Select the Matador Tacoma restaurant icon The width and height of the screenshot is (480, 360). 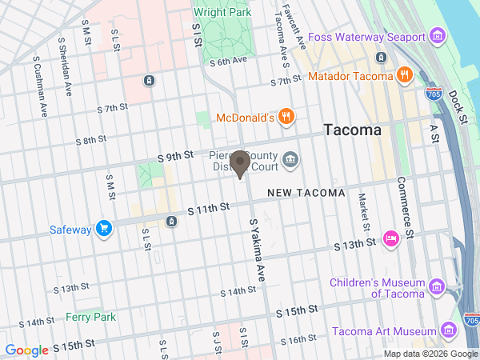[x=405, y=76]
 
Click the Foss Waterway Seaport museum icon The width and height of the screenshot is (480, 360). [x=437, y=37]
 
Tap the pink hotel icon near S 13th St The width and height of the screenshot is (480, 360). [x=391, y=238]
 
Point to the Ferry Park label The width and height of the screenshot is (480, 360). [x=91, y=317]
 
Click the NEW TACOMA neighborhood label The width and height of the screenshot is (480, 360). [x=306, y=193]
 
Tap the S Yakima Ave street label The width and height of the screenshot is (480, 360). [x=256, y=250]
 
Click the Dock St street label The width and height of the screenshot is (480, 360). [x=458, y=106]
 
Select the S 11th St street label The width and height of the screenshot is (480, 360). [x=209, y=208]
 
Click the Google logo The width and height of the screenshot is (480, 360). [x=26, y=350]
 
